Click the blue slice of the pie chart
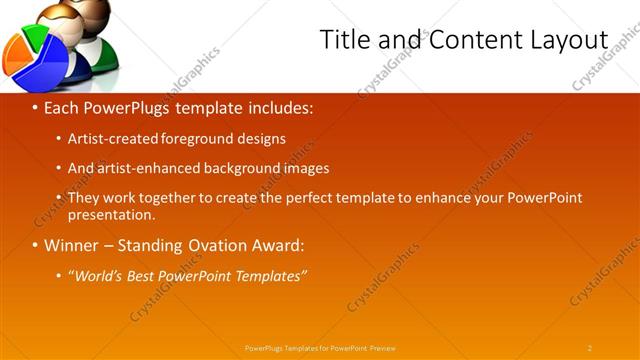coord(44,62)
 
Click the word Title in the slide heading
coord(343,39)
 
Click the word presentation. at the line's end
coord(111,214)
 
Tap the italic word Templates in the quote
coord(271,276)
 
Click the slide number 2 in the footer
coord(589,348)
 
